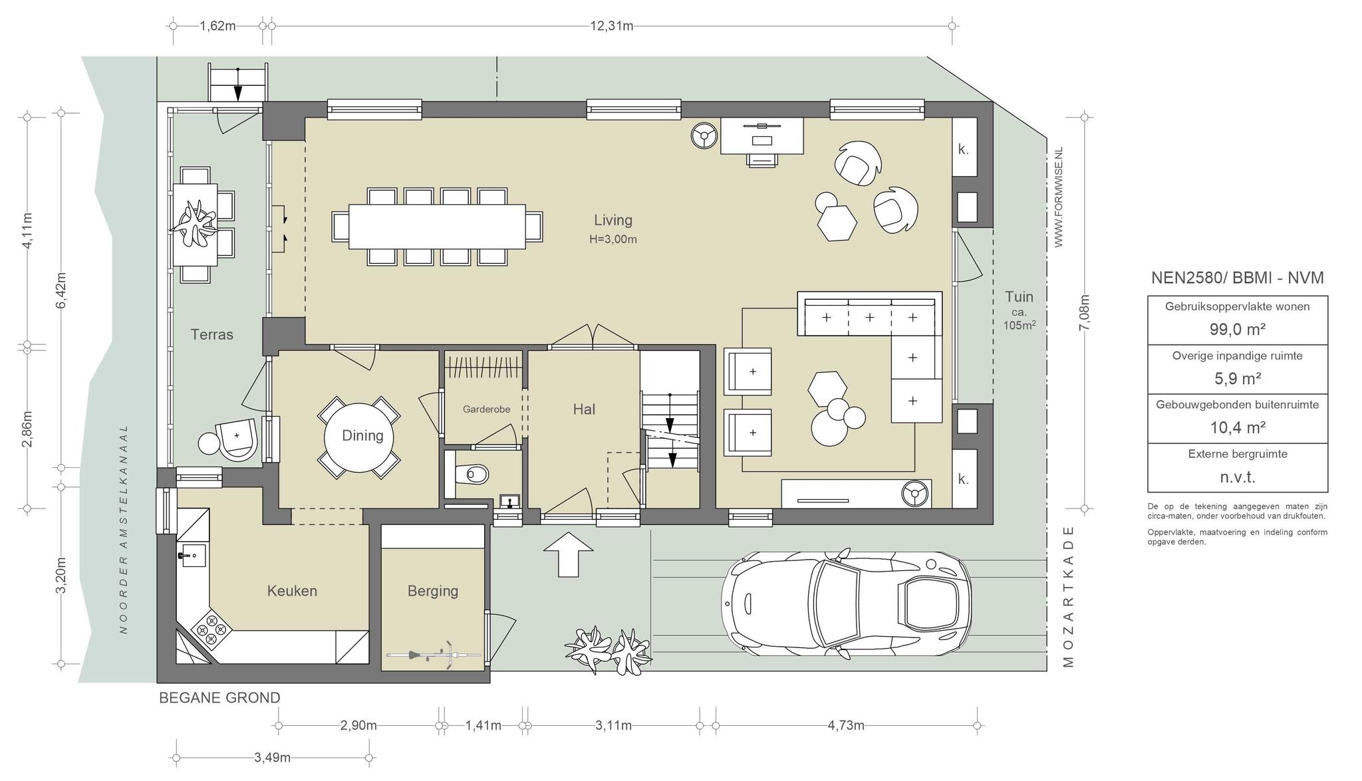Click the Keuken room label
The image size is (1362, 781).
(x=292, y=591)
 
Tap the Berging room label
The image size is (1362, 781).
(x=433, y=591)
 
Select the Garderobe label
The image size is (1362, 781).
(x=487, y=409)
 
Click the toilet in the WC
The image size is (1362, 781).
(x=472, y=475)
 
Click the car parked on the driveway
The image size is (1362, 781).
(x=846, y=604)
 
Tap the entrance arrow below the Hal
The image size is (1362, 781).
(x=568, y=554)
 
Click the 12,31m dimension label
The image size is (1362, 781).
(x=612, y=26)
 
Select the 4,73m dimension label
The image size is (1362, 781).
(x=846, y=725)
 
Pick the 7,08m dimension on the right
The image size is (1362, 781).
(x=1085, y=312)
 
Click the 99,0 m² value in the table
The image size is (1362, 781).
(x=1237, y=329)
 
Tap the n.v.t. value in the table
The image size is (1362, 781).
(x=1238, y=477)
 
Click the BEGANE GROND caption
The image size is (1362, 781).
(x=219, y=698)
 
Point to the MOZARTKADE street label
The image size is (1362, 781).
(x=1068, y=596)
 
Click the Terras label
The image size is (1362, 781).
(x=212, y=334)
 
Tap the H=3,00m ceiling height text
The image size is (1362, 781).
(x=613, y=239)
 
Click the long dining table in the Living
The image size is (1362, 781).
(x=437, y=226)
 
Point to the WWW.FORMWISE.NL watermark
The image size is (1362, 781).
(x=1059, y=197)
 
